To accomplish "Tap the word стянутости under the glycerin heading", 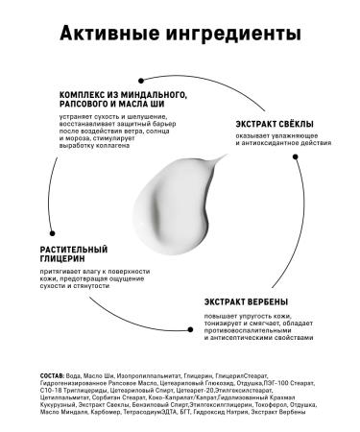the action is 99,287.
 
